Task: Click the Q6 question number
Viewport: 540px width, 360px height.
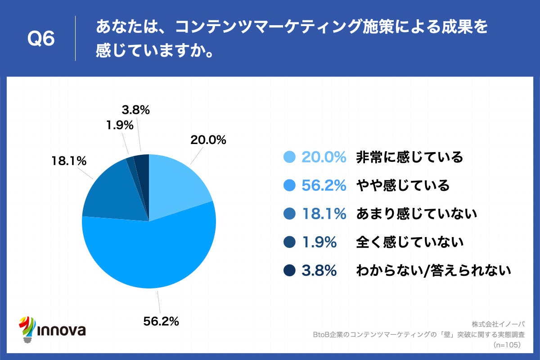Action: [x=41, y=39]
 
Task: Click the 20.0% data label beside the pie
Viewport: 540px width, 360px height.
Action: [x=207, y=140]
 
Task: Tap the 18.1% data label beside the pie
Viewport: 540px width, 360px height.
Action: [x=68, y=161]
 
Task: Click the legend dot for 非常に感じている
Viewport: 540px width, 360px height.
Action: [x=289, y=157]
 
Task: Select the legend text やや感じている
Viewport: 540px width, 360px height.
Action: [x=403, y=185]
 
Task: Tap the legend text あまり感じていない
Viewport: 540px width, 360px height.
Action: [x=416, y=214]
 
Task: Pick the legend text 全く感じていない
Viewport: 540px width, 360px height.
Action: [x=409, y=242]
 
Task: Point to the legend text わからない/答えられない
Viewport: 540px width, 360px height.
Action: [x=434, y=270]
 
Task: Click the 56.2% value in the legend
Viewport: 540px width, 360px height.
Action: [x=324, y=185]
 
